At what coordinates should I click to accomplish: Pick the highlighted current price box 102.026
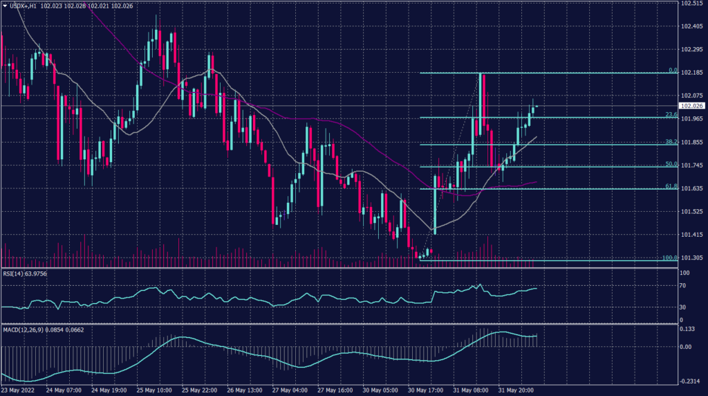pyautogui.click(x=692, y=106)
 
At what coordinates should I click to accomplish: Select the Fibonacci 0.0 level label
pyautogui.click(x=671, y=71)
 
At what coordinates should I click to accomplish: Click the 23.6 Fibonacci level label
pyautogui.click(x=671, y=115)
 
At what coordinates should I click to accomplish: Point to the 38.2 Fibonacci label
pyautogui.click(x=671, y=142)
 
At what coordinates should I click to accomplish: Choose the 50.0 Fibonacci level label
pyautogui.click(x=671, y=164)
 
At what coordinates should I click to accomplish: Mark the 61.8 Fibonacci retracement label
pyautogui.click(x=671, y=186)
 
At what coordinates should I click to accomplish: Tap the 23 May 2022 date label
pyautogui.click(x=19, y=390)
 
